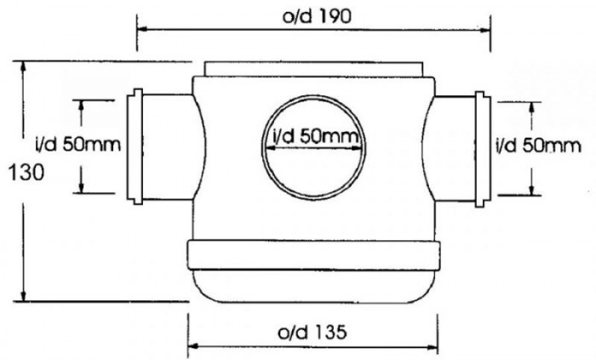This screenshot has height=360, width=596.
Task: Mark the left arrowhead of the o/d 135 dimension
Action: point(192,346)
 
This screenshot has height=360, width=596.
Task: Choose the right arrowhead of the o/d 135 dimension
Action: point(437,346)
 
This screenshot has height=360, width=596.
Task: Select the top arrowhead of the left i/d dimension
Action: point(83,104)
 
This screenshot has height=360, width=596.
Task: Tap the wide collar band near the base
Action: point(312,254)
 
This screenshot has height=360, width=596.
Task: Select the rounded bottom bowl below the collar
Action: point(312,286)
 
